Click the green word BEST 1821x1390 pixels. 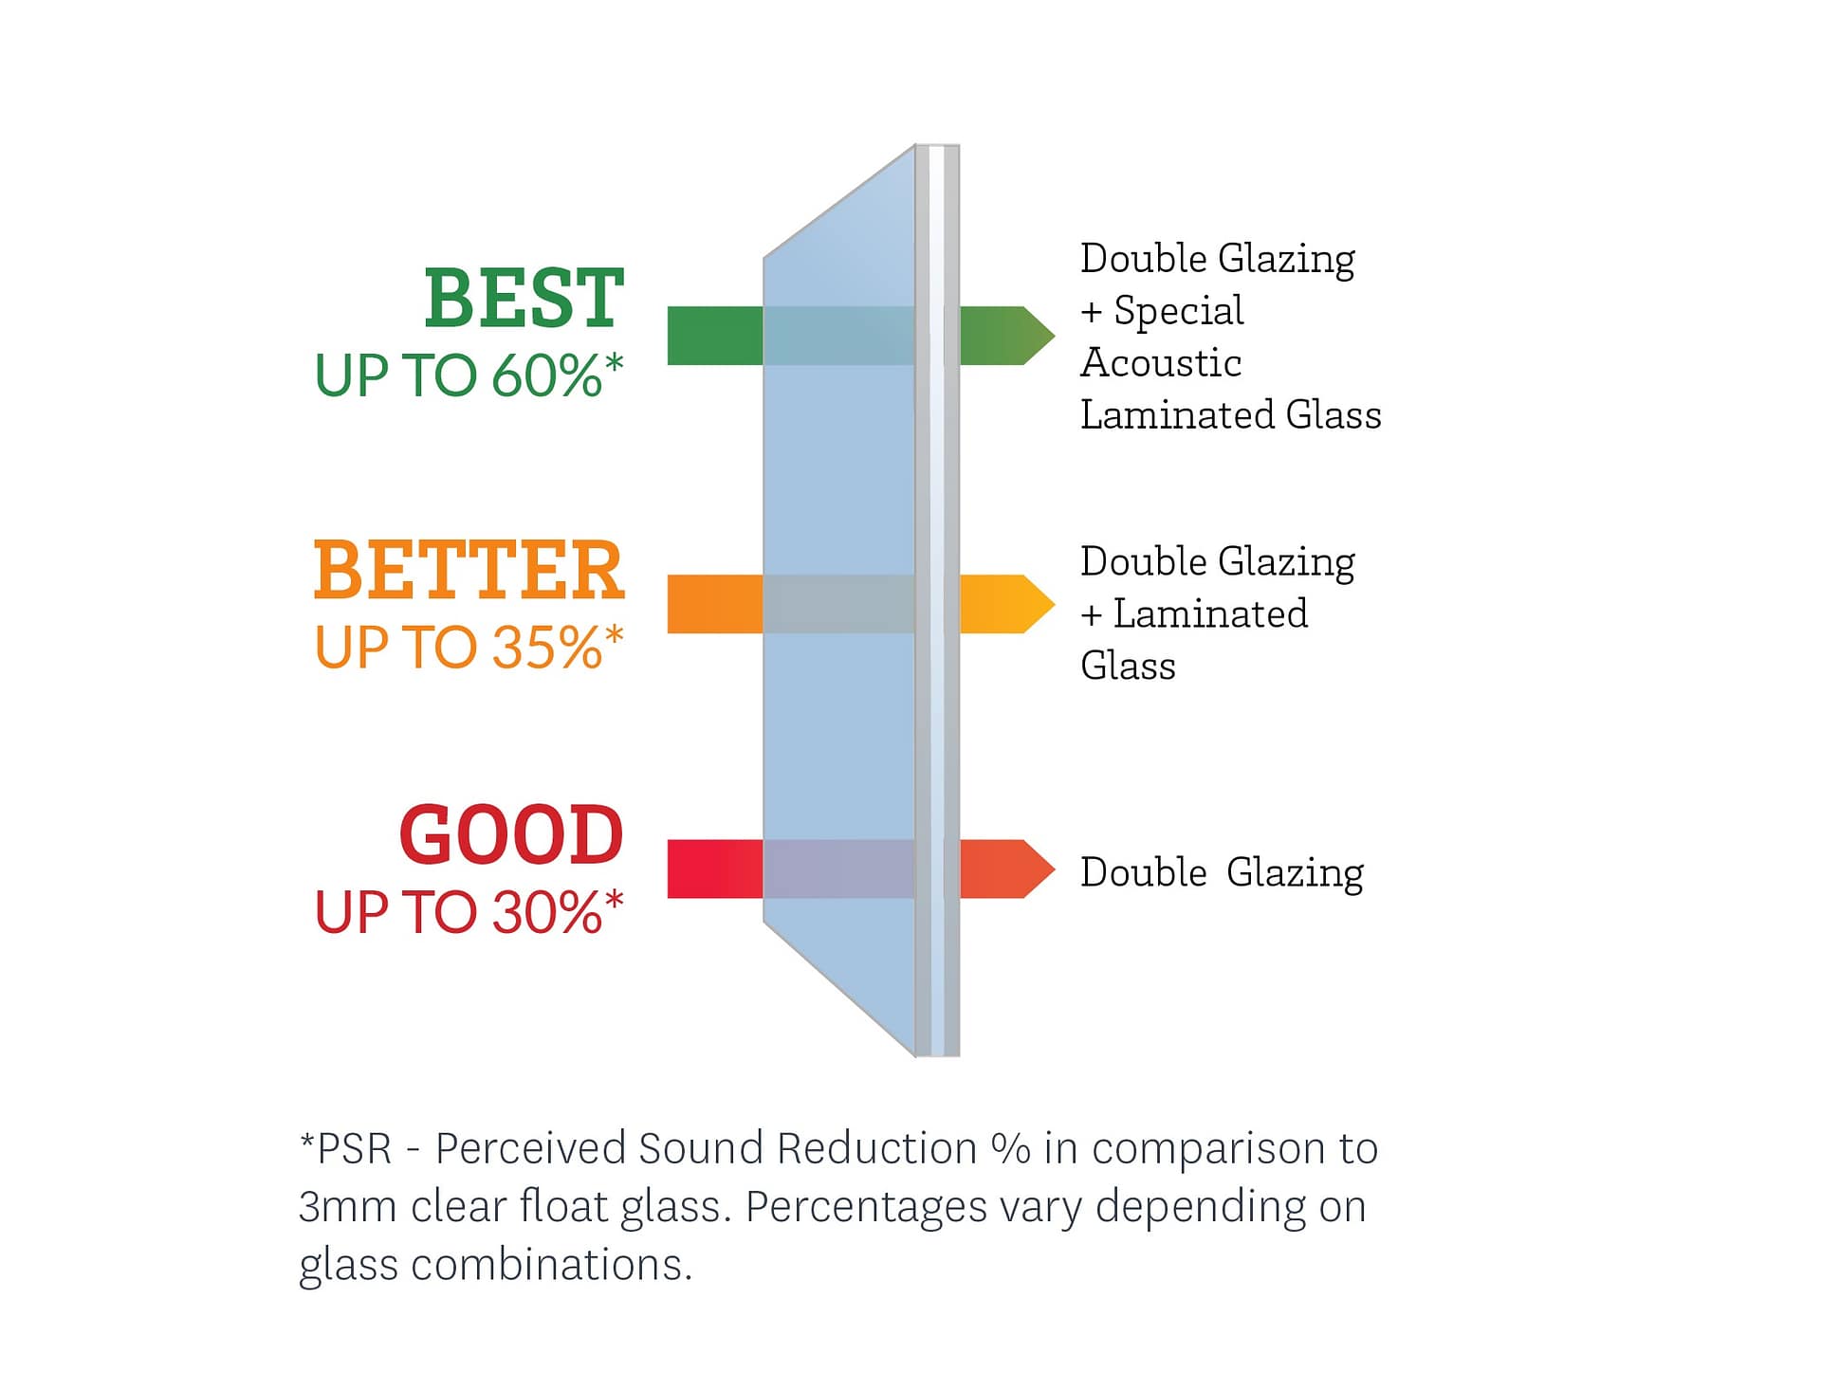tap(524, 299)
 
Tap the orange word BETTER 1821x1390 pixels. tap(469, 571)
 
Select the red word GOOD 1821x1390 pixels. tap(511, 835)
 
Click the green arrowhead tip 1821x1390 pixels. tap(1055, 336)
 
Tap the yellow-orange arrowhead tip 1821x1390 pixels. tap(1055, 604)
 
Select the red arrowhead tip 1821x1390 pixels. tap(1055, 869)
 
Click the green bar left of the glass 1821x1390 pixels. tap(715, 336)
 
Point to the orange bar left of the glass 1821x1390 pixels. tap(715, 604)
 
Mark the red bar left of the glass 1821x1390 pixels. tap(715, 869)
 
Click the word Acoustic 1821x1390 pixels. tap(1161, 362)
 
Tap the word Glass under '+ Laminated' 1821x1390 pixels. tap(1128, 666)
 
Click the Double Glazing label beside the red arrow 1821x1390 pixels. tap(1223, 873)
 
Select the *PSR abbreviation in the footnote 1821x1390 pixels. tap(345, 1148)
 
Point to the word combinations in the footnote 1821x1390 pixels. tap(551, 1265)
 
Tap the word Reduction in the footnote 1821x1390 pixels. tap(877, 1148)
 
